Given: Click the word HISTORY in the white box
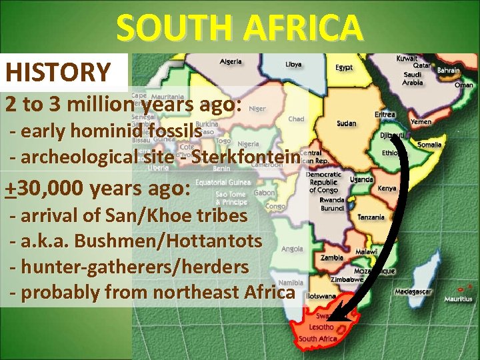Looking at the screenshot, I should click(x=58, y=72).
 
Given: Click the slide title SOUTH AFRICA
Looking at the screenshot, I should click(x=240, y=28).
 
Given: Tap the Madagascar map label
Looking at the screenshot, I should click(x=413, y=292).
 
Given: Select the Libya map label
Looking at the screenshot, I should click(x=293, y=65).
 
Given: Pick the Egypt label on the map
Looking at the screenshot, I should click(x=344, y=67).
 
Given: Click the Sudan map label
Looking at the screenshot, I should click(x=346, y=123).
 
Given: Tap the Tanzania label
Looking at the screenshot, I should click(x=371, y=217).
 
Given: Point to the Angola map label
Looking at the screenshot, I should click(x=292, y=249).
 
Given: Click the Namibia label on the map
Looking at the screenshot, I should click(x=291, y=283).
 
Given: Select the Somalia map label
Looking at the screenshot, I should click(x=429, y=145).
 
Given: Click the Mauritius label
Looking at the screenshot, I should click(x=459, y=299).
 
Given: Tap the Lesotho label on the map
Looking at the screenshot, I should click(x=321, y=327).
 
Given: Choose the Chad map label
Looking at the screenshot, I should click(x=297, y=119).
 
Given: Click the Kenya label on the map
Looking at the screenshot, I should click(x=387, y=189).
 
